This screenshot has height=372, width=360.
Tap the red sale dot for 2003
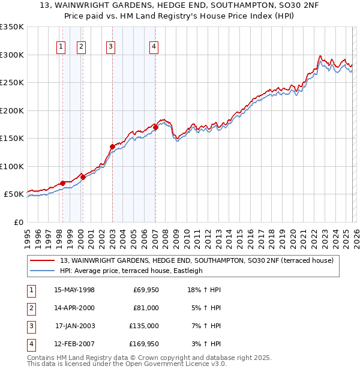click(x=112, y=146)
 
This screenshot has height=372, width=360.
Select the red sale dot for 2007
click(x=155, y=127)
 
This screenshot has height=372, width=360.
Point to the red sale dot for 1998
click(x=62, y=183)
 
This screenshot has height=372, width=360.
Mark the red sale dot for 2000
click(x=83, y=177)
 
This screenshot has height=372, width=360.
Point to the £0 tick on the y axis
click(x=18, y=222)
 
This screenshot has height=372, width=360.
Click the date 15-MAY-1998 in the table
click(x=74, y=290)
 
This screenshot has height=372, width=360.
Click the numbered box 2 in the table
click(x=31, y=308)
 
